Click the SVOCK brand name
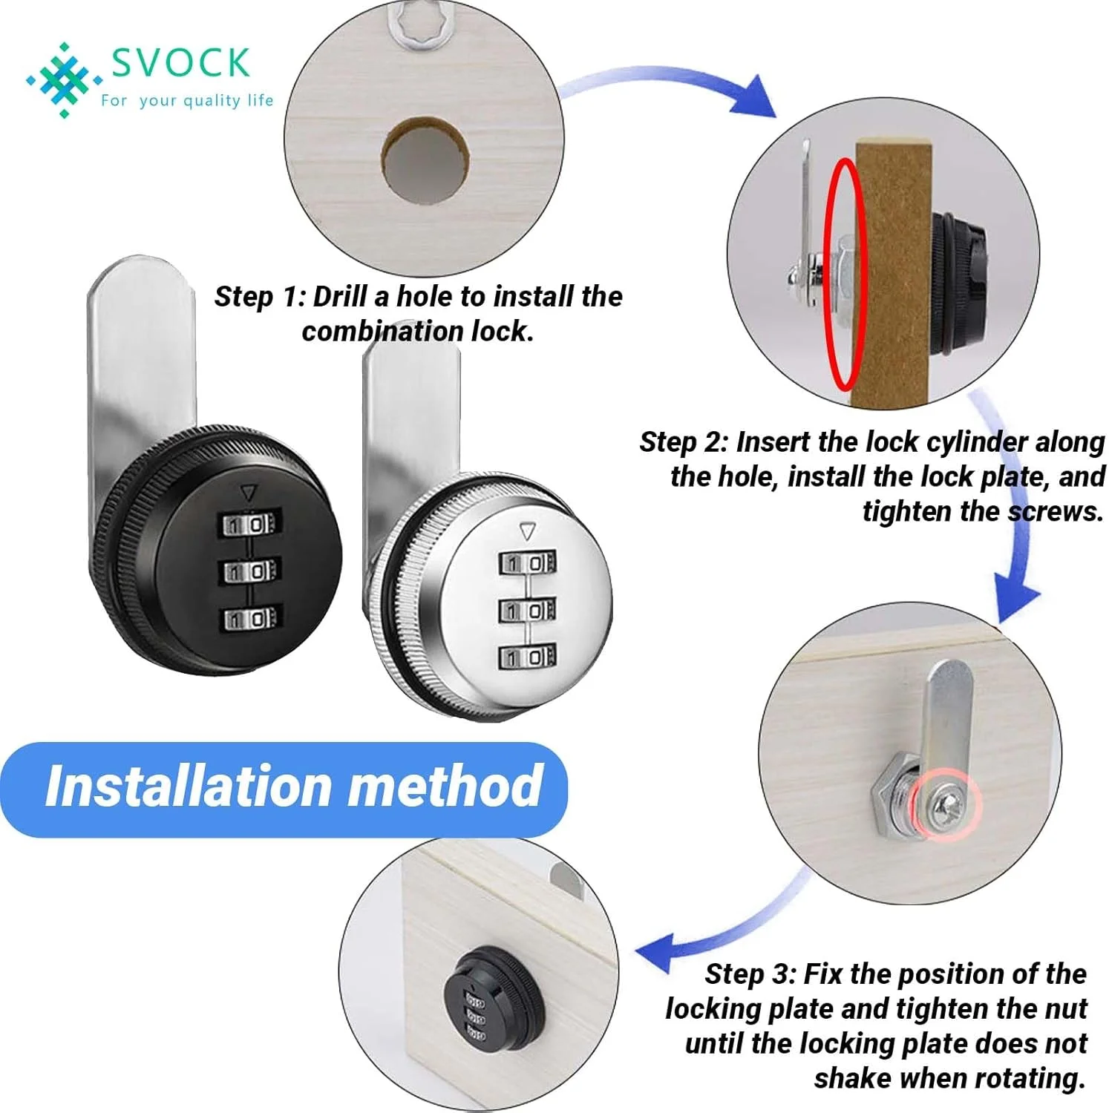click(x=180, y=62)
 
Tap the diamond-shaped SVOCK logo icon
click(x=64, y=79)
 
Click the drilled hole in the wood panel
click(x=424, y=160)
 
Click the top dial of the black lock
click(x=250, y=525)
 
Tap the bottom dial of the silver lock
click(x=526, y=657)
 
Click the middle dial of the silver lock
click(x=526, y=610)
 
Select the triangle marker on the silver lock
click(x=528, y=531)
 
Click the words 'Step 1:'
click(x=260, y=297)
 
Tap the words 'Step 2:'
click(x=684, y=442)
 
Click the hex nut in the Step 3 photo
click(x=892, y=788)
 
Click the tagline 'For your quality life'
click(x=187, y=100)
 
